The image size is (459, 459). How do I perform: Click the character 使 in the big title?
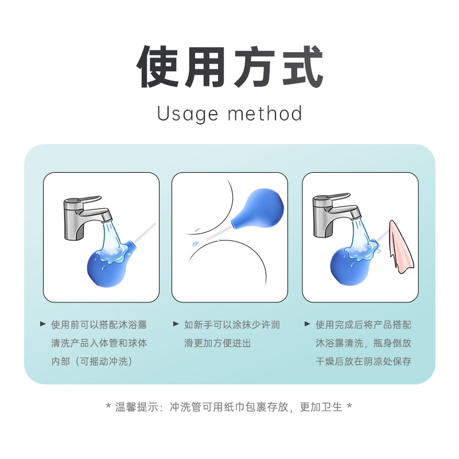(x=157, y=67)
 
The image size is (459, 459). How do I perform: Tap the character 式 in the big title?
(x=302, y=67)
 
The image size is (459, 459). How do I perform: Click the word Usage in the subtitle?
(x=188, y=114)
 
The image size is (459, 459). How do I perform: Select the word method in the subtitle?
(x=265, y=113)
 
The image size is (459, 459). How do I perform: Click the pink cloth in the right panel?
(x=400, y=247)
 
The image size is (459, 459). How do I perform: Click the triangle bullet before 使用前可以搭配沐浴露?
(x=43, y=324)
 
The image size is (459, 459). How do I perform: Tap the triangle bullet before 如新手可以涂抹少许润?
(x=176, y=324)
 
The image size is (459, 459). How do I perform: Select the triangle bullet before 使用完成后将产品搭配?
(x=307, y=324)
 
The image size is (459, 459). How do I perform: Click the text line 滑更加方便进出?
(x=217, y=343)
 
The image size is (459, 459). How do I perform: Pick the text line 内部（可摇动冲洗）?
(x=92, y=361)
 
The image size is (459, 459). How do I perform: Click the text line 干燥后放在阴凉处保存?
(x=363, y=361)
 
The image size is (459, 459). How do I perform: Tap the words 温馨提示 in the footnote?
(x=137, y=407)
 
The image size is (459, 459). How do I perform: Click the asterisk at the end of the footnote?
(x=349, y=406)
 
